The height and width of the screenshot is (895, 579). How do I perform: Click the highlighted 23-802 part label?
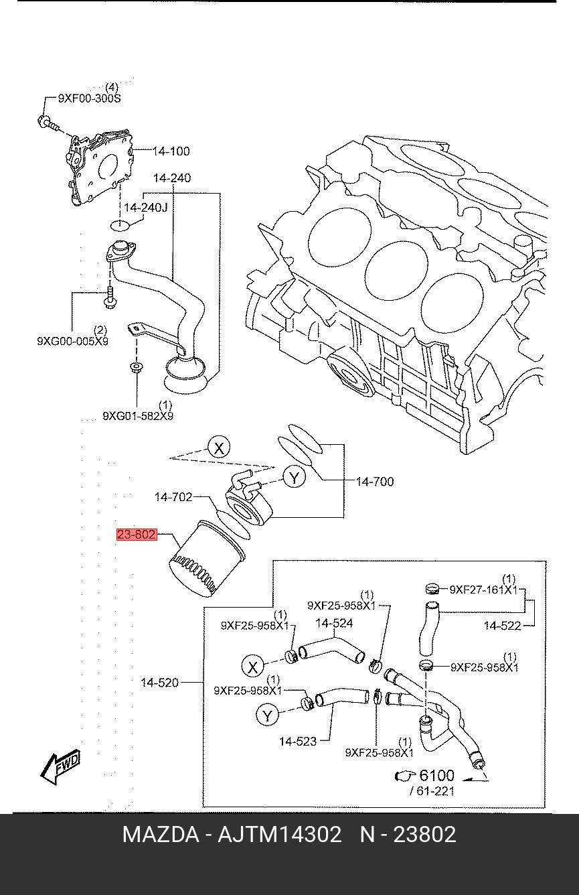pyautogui.click(x=137, y=535)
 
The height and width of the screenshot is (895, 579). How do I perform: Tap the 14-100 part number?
pyautogui.click(x=171, y=151)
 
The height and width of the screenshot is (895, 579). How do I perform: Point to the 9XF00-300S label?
pyautogui.click(x=89, y=98)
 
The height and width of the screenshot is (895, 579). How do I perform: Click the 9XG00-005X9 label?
pyautogui.click(x=72, y=341)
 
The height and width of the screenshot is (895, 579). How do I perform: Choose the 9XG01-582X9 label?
pyautogui.click(x=138, y=416)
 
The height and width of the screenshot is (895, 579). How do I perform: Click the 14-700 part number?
pyautogui.click(x=374, y=481)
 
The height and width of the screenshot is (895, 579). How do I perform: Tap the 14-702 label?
pyautogui.click(x=173, y=497)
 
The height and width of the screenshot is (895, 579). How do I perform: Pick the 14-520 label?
pyautogui.click(x=159, y=683)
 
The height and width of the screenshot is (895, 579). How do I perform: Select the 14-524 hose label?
pyautogui.click(x=333, y=624)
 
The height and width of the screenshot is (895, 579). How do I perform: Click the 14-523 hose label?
pyautogui.click(x=298, y=741)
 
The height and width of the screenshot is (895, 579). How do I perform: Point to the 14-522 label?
pyautogui.click(x=502, y=626)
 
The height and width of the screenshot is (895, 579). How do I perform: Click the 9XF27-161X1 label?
pyautogui.click(x=483, y=590)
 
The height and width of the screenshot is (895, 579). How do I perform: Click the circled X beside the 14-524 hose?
pyautogui.click(x=253, y=667)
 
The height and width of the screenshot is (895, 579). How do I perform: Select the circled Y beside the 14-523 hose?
pyautogui.click(x=268, y=715)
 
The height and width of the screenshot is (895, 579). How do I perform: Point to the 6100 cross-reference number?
pyautogui.click(x=436, y=776)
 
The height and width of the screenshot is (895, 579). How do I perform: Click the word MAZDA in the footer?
pyautogui.click(x=160, y=835)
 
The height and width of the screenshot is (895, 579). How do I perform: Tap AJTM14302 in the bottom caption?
pyautogui.click(x=280, y=835)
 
